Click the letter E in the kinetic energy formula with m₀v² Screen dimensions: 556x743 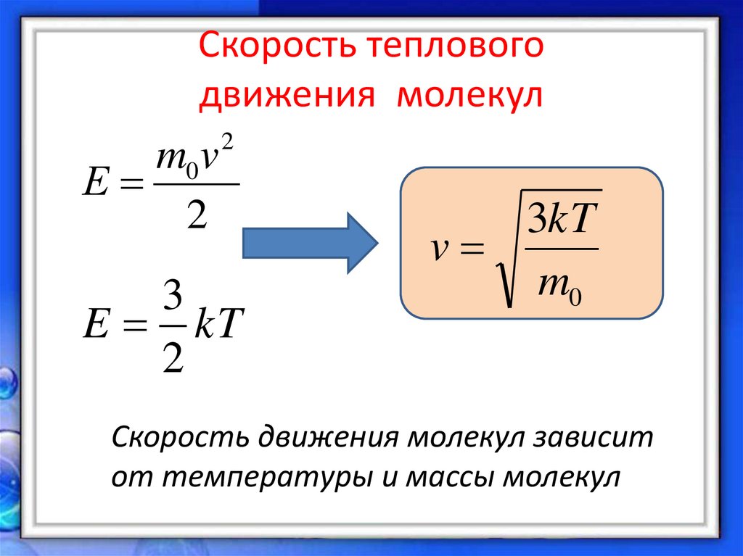(x=96, y=185)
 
